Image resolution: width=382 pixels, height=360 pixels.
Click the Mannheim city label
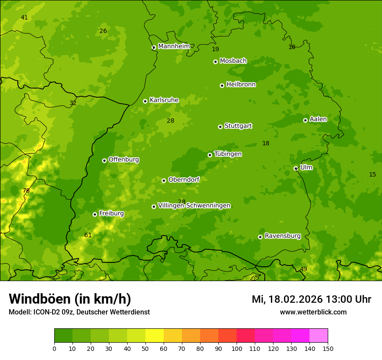point(174,46)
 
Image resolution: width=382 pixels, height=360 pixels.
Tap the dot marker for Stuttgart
point(220,127)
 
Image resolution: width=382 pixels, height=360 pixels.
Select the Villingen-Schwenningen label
point(194,206)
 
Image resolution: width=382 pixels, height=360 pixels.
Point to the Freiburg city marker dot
point(95,214)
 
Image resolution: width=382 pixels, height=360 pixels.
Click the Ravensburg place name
point(282,236)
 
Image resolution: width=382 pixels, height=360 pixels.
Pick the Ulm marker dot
point(296,168)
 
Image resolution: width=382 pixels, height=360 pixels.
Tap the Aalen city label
point(318,119)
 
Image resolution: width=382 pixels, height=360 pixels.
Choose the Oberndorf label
point(184,180)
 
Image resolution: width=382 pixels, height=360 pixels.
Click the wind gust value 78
point(26,191)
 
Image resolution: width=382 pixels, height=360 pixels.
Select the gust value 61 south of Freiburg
point(88,236)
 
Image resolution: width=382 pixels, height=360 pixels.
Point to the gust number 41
point(24,18)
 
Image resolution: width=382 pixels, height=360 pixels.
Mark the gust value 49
point(303,269)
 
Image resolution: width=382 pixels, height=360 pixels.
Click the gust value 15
point(372,175)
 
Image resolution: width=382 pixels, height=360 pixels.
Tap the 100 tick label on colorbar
point(237,349)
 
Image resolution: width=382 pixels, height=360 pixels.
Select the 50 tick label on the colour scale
point(145,349)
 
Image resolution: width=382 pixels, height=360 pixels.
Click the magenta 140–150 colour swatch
point(319,336)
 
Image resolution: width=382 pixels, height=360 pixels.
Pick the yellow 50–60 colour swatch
point(155,336)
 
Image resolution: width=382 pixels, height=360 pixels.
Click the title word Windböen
point(40,299)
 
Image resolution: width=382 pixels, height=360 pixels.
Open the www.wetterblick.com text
point(313,312)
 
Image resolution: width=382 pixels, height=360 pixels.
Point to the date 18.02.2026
point(295,299)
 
